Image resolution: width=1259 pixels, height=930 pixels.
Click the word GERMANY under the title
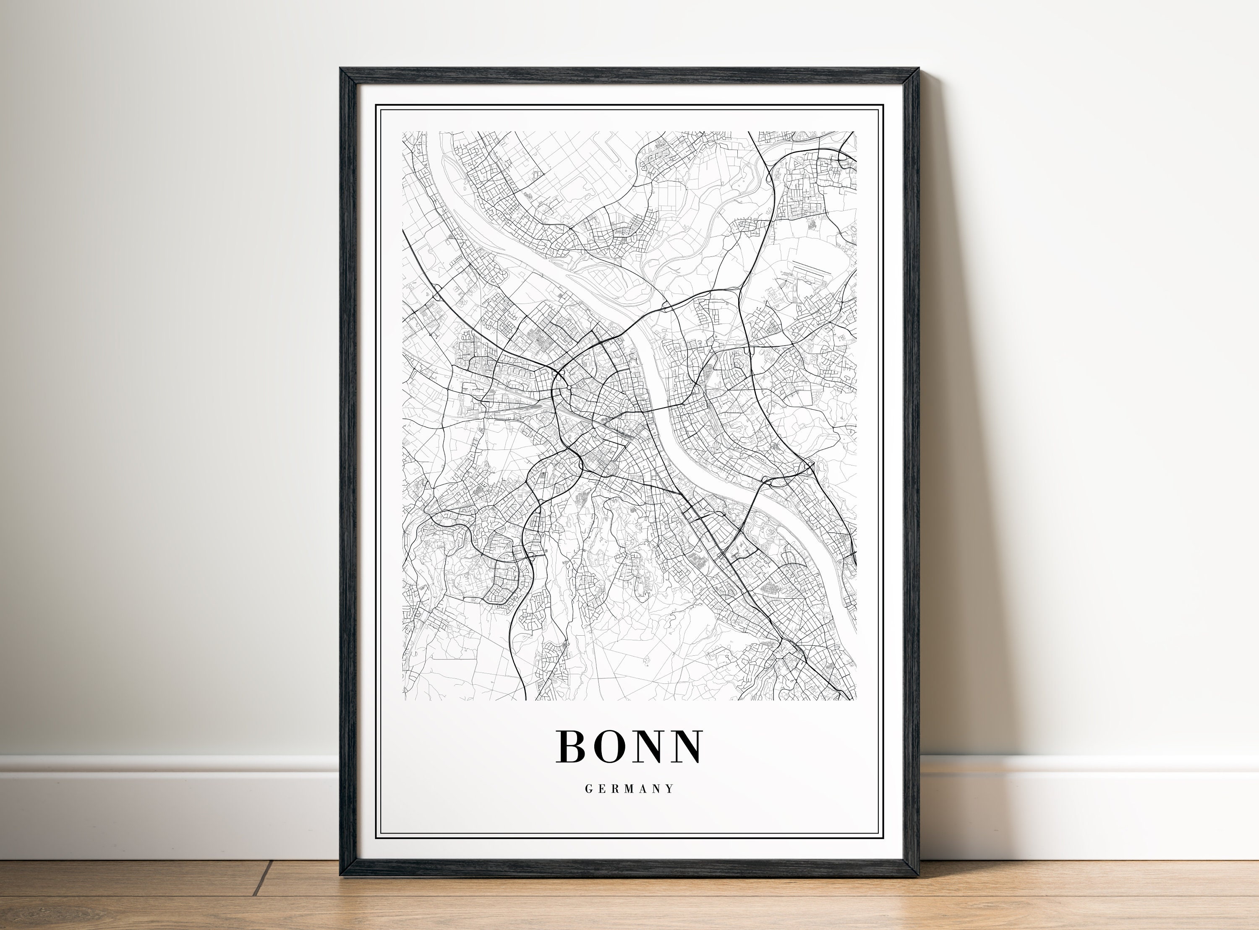pos(629,789)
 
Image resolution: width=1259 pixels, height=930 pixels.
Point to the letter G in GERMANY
pos(588,789)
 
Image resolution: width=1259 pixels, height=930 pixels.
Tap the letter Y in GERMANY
pos(670,789)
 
